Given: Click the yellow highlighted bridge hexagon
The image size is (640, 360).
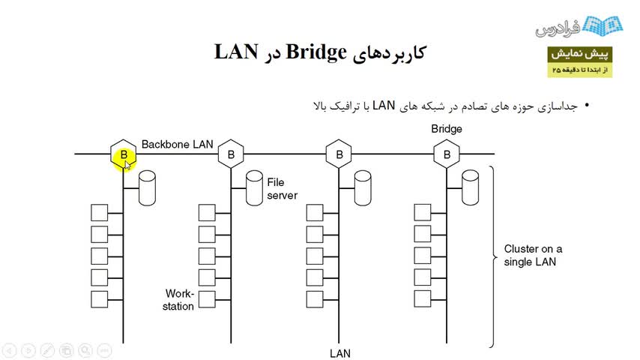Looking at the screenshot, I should [x=124, y=154].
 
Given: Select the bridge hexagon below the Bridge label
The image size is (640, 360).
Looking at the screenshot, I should [x=447, y=154].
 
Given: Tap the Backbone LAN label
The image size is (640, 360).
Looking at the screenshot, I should [x=178, y=144].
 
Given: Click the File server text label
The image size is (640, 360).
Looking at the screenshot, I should [x=282, y=189].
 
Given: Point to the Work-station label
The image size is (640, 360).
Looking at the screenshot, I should [x=179, y=300].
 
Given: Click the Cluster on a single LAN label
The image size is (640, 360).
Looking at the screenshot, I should [x=533, y=255].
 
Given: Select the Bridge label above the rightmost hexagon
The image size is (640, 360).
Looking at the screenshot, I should [x=447, y=129].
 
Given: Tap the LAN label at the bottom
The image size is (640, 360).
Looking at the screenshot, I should [x=340, y=352].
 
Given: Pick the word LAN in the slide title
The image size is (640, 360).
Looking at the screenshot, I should [x=236, y=52].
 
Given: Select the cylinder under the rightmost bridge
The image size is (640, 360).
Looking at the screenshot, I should [x=471, y=187].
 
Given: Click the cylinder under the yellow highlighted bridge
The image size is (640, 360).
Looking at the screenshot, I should [x=147, y=187].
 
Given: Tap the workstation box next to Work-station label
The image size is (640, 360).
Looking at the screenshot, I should [x=207, y=298].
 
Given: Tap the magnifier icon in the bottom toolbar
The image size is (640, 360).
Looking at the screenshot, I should [x=84, y=350].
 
